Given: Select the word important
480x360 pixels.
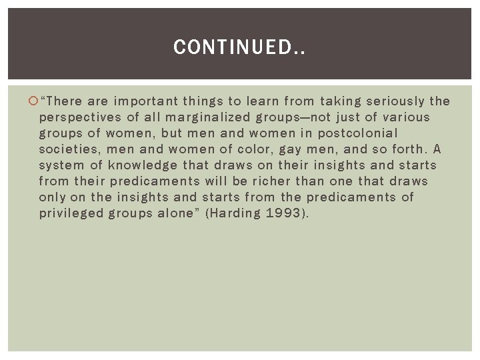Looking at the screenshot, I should click(146, 101).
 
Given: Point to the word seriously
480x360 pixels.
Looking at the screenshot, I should click(393, 101).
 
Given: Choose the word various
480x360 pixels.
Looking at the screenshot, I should click(405, 117).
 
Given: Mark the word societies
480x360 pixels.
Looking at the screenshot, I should click(69, 149).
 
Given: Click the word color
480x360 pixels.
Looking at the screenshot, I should click(253, 149).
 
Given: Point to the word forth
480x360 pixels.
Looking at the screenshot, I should click(405, 149).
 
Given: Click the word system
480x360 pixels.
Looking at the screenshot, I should click(61, 165).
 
